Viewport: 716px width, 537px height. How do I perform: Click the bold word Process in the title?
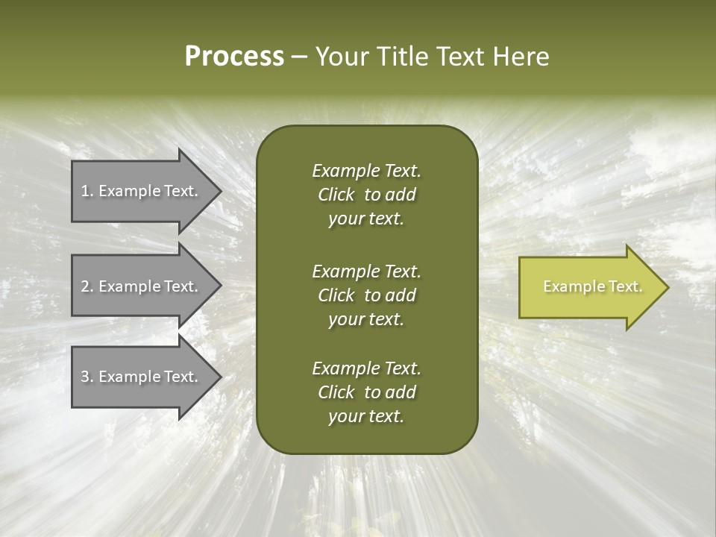pos(234,57)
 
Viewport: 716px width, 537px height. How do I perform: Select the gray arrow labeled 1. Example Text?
pos(142,191)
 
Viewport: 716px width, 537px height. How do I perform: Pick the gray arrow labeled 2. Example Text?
pos(142,286)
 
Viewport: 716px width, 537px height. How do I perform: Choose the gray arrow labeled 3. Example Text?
pos(142,377)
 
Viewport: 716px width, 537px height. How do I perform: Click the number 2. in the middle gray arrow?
pos(87,286)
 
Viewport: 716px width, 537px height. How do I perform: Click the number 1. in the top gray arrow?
pos(87,191)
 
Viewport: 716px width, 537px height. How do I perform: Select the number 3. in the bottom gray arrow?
pos(87,377)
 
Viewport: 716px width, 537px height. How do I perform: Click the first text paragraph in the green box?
pos(366,195)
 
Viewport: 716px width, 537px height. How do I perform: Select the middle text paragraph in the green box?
pos(366,295)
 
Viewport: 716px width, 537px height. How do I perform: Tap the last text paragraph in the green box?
pos(366,392)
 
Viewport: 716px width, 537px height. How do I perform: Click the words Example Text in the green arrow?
pos(592,286)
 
